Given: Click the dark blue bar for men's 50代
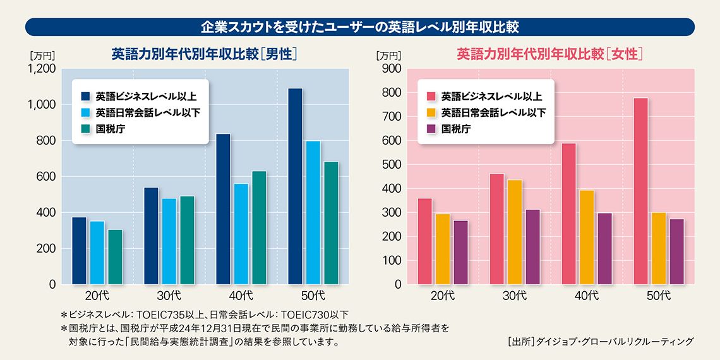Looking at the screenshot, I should pyautogui.click(x=295, y=186).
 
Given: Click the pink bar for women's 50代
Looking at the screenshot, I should pyautogui.click(x=640, y=191).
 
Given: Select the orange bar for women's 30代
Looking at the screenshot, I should pyautogui.click(x=515, y=232).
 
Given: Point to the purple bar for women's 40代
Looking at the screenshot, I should pyautogui.click(x=605, y=248).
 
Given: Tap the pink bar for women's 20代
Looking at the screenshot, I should pyautogui.click(x=425, y=241).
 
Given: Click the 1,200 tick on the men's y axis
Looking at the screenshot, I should pyautogui.click(x=42, y=68).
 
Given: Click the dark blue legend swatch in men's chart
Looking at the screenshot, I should pyautogui.click(x=86, y=97).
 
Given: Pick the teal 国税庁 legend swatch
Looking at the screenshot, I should pyautogui.click(x=86, y=129).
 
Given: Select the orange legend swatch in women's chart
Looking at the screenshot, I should pyautogui.click(x=431, y=113).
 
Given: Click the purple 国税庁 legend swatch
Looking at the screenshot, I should pyautogui.click(x=431, y=129).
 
